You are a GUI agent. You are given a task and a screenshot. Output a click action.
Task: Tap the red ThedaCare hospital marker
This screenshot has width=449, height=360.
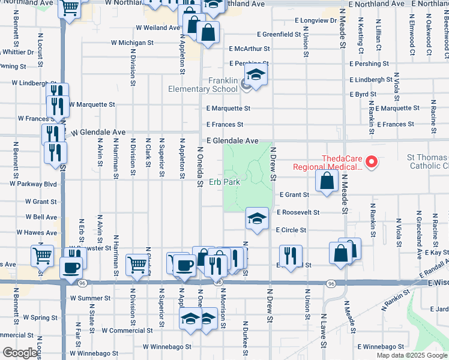(x=371, y=161)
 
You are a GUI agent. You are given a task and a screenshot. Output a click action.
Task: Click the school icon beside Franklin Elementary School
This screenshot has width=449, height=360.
(x=256, y=76)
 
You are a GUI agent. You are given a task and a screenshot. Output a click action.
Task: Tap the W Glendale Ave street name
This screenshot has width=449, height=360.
(x=98, y=132)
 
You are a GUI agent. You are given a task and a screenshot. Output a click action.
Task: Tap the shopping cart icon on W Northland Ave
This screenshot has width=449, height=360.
(x=70, y=8)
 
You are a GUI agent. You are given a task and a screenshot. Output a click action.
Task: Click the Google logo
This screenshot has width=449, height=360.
(x=20, y=353)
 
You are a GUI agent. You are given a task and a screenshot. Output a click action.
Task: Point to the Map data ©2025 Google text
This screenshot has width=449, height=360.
(x=412, y=355)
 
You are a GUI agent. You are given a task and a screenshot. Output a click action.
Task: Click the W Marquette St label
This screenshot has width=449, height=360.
(x=92, y=104)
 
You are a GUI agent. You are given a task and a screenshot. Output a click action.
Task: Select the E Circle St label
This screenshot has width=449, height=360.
(x=291, y=230)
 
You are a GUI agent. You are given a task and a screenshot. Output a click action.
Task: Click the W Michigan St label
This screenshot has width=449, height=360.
(x=133, y=43)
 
